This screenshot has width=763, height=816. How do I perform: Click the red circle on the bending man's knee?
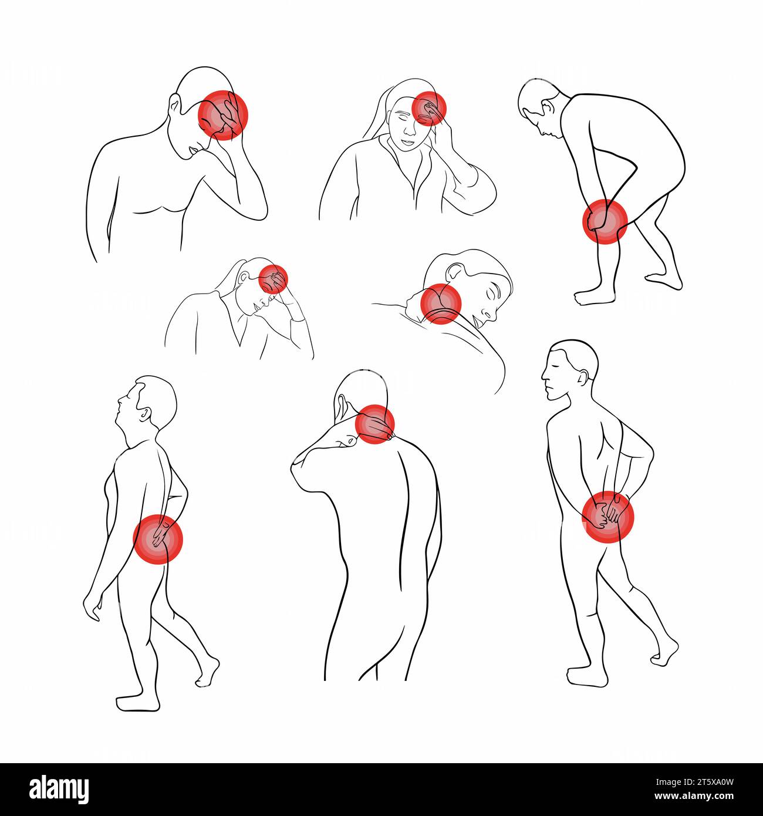[605, 222]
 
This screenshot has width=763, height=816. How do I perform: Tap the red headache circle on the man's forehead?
[222, 115]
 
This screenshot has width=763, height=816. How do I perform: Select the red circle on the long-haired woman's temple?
[429, 109]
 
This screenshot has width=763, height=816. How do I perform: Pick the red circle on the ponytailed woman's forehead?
[274, 279]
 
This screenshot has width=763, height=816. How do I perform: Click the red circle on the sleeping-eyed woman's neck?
[441, 304]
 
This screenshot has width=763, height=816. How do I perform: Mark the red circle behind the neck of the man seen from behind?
[374, 424]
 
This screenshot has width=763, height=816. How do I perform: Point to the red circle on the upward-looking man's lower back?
[158, 539]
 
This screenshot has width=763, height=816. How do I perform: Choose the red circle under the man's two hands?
[608, 517]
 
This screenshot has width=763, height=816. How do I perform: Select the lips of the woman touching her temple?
[407, 142]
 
